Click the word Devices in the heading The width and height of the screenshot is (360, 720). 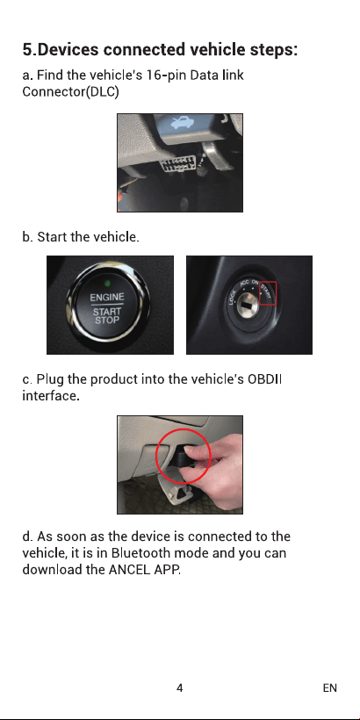point(68,49)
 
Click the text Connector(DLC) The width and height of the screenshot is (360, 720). point(71,92)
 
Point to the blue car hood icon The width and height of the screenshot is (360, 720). point(180,124)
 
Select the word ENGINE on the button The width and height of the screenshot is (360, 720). point(107,297)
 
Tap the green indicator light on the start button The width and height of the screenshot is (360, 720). point(107,282)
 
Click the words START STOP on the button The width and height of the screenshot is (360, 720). point(107,316)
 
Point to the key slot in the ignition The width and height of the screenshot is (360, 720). point(247,305)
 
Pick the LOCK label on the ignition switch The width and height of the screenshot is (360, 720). point(233,299)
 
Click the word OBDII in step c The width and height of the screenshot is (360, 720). point(264,380)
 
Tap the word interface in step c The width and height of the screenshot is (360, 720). point(49,396)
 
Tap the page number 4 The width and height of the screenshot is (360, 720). point(179,688)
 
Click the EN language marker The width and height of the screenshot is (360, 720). point(329,688)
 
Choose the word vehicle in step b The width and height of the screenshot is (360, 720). point(116,237)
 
